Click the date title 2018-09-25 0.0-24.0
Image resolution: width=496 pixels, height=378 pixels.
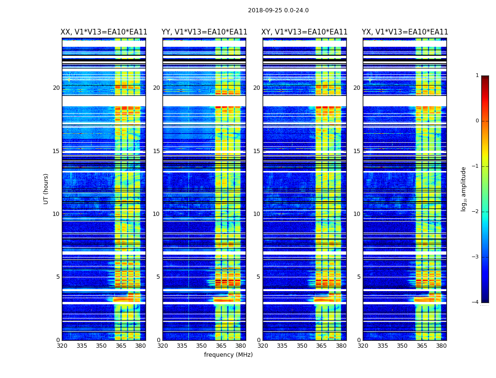click(278, 10)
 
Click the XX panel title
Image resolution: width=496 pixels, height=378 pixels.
click(104, 32)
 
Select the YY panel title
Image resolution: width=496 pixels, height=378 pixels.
click(204, 32)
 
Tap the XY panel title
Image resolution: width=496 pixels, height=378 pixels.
click(305, 32)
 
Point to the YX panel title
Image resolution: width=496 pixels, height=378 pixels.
click(405, 32)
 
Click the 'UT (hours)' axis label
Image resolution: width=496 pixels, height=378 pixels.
click(46, 189)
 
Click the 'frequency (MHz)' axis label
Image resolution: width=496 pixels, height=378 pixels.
click(228, 355)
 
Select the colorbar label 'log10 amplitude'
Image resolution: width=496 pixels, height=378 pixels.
click(464, 189)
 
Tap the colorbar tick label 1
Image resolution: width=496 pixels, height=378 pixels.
click(477, 76)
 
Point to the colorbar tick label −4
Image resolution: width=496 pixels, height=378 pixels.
click(476, 302)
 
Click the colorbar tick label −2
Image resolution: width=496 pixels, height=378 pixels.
click(476, 212)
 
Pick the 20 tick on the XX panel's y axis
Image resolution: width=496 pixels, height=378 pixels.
click(56, 88)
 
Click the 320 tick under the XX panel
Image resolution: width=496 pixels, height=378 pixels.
click(62, 346)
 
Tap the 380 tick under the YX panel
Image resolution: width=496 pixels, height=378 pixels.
click(441, 346)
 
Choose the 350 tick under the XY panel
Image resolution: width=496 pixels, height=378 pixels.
click(302, 346)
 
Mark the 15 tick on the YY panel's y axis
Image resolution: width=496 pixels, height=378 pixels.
click(156, 151)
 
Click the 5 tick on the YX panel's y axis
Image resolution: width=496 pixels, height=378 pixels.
click(359, 277)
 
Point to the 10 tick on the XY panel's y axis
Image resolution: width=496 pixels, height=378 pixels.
click(257, 214)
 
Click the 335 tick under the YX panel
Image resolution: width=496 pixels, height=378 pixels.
click(383, 346)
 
